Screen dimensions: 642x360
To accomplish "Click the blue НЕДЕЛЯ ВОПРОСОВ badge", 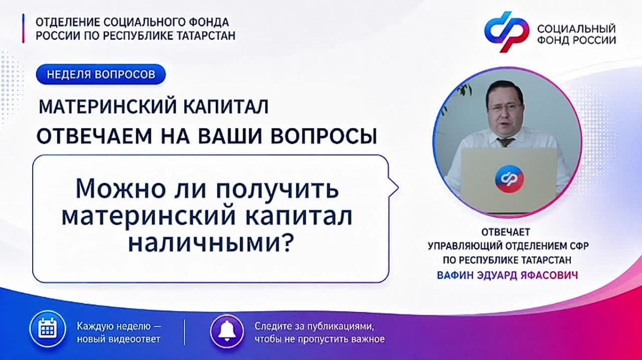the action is tap(101, 74).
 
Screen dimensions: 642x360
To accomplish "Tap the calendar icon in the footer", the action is tap(48, 329).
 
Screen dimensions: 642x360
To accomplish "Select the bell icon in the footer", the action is tap(227, 332).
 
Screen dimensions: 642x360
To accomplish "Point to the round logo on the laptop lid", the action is tap(510, 178).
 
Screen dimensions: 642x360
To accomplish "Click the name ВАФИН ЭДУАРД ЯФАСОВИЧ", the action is tap(507, 275).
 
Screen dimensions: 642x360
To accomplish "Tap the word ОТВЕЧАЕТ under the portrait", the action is tap(506, 232).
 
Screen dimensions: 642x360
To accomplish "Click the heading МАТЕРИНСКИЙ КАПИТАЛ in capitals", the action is tap(154, 106).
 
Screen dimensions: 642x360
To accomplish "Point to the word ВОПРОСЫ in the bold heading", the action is tap(324, 136).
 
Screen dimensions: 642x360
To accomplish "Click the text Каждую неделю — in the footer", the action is tap(119, 326).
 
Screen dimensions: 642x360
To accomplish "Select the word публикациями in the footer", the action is tap(341, 326).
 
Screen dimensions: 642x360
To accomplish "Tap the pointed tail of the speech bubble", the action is tap(394, 188).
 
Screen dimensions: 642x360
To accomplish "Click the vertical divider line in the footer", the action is tap(184, 332).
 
